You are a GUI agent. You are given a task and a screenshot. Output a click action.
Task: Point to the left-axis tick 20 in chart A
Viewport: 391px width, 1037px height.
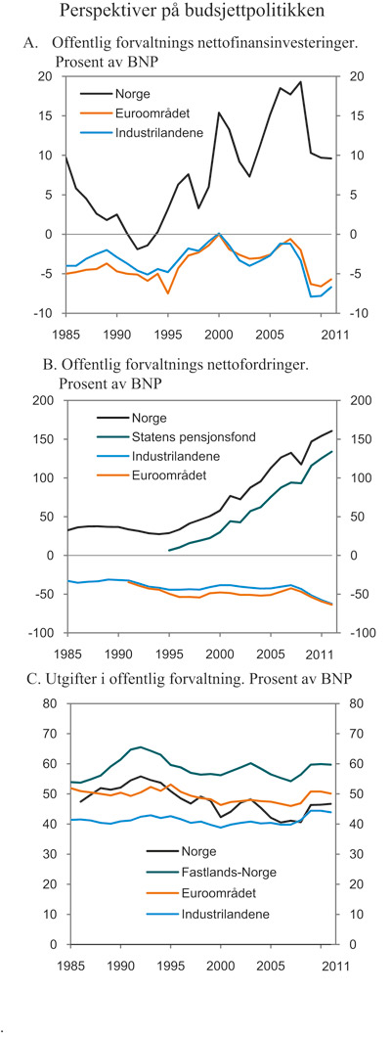pos(44,76)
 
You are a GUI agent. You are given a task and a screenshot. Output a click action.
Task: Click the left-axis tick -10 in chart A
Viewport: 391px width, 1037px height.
pos(42,313)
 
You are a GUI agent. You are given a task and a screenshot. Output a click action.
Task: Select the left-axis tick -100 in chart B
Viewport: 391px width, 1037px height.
pos(39,633)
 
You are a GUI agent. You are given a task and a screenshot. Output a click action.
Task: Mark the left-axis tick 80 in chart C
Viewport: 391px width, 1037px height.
pos(44,703)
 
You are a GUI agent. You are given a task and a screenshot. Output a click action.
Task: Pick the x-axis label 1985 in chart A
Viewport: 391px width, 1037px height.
pos(67,330)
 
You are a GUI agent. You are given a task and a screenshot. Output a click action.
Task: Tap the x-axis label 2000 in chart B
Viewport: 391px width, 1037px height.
pos(220,650)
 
